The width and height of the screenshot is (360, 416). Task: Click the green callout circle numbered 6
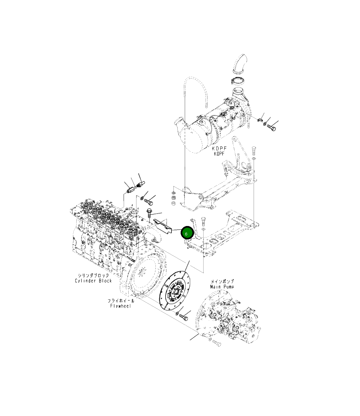point(187,233)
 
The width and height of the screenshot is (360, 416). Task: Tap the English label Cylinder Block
point(93,280)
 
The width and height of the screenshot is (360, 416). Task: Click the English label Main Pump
point(222,287)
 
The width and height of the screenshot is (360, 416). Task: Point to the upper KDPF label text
point(219,148)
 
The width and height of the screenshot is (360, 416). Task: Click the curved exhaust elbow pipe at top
point(240,63)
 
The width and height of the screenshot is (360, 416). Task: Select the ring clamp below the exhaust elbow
point(237,81)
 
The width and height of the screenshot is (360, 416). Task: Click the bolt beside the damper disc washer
point(183,318)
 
